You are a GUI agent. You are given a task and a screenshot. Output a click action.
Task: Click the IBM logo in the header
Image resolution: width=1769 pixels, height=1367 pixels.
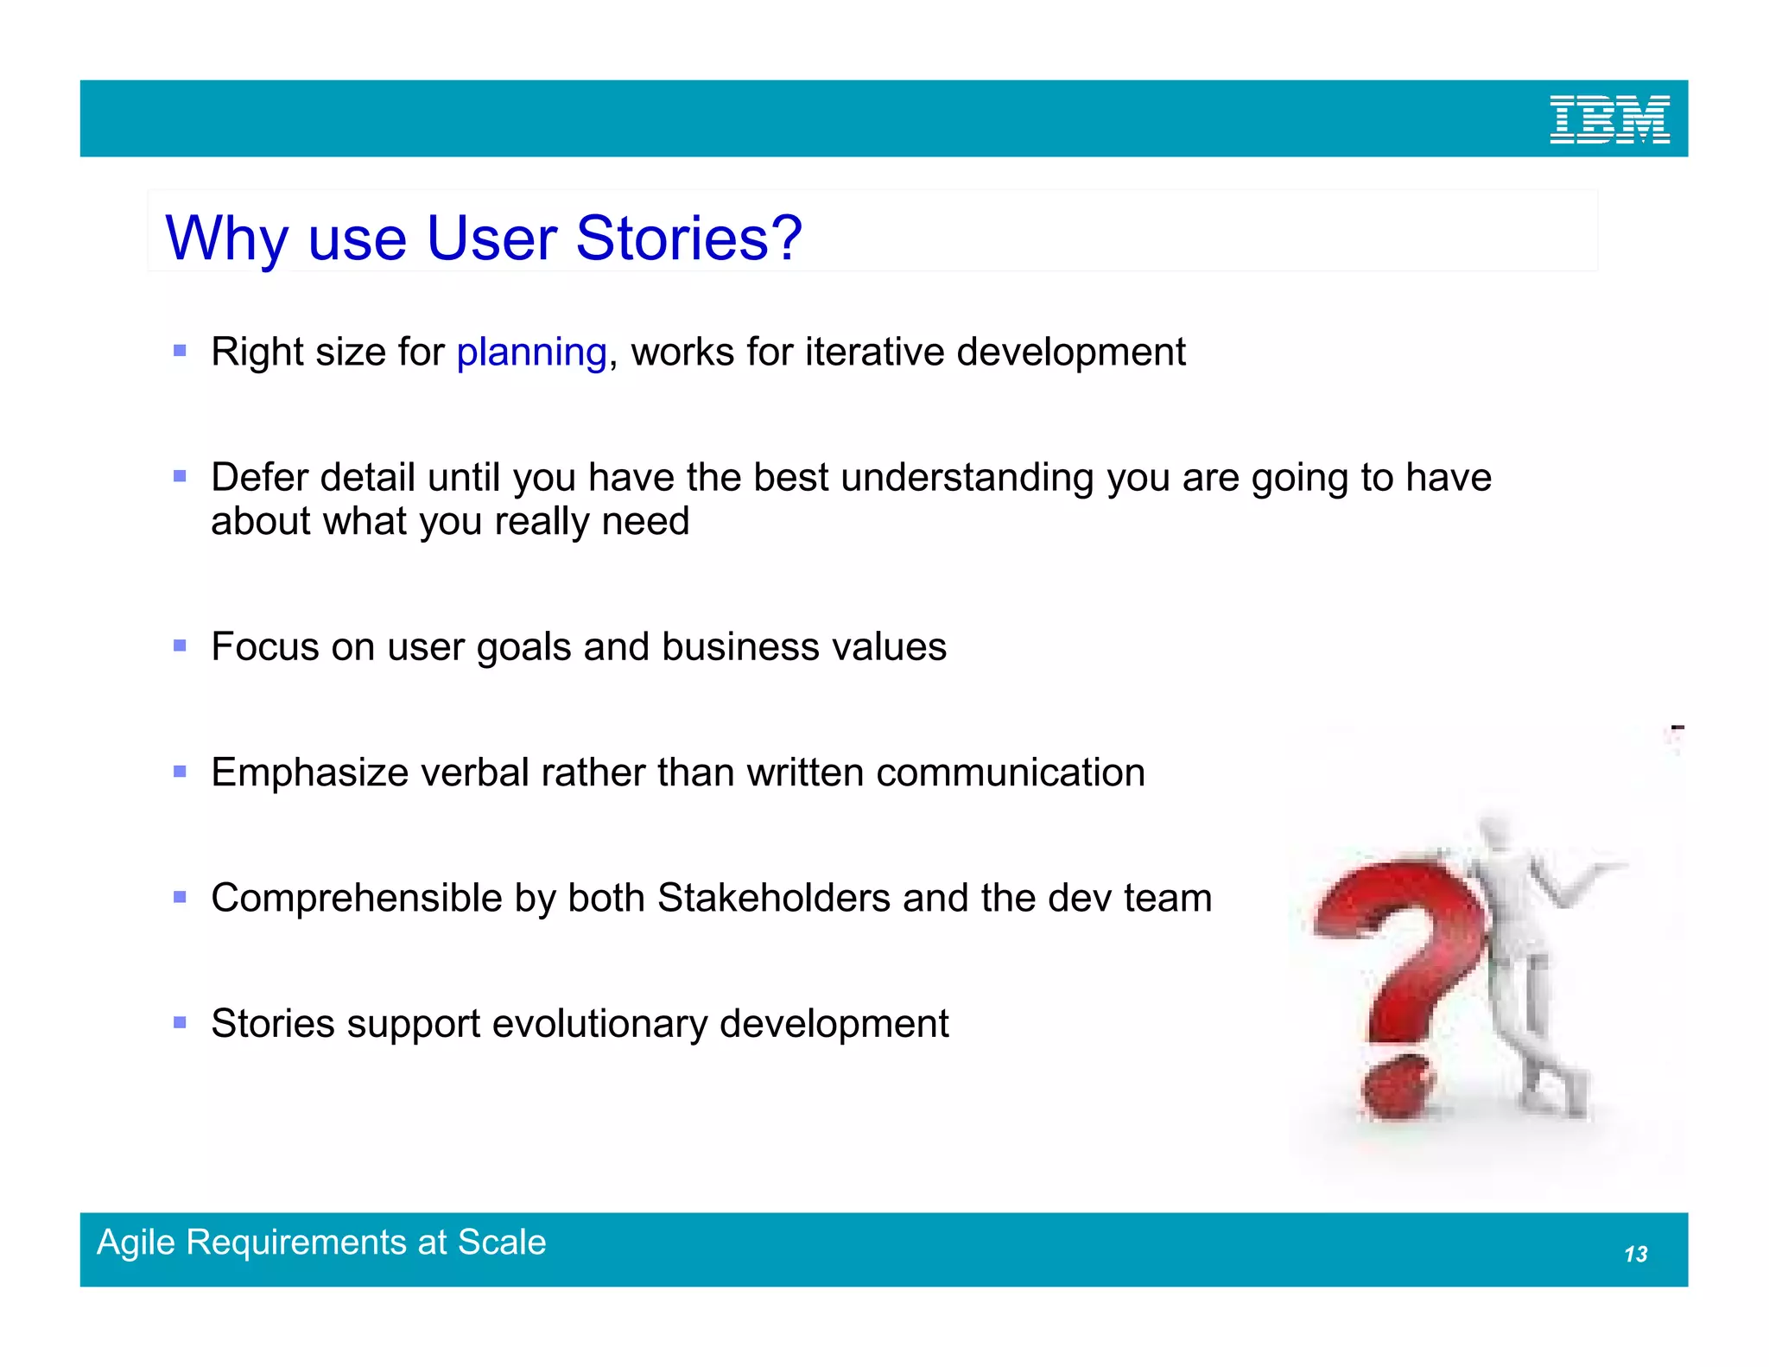(1608, 120)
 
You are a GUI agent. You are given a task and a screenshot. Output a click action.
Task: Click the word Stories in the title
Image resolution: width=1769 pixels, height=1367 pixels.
(673, 238)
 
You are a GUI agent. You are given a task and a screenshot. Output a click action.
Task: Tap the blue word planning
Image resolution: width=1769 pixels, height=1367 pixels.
(531, 353)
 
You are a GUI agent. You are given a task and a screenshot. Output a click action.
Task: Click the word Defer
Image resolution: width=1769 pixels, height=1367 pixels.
(259, 477)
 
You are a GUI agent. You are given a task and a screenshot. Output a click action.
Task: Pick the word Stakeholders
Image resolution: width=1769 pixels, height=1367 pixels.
(773, 898)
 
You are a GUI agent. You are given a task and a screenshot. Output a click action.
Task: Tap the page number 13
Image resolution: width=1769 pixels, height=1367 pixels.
(1635, 1254)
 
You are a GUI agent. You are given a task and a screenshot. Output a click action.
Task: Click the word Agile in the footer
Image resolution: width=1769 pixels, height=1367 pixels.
(136, 1243)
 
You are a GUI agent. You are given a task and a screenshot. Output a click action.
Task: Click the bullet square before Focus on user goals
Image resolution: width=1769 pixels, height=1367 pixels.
(180, 645)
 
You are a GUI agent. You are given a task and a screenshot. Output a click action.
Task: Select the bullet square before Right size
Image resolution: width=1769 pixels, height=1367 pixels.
(180, 351)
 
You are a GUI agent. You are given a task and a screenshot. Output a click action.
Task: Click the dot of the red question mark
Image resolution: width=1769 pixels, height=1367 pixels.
(1398, 1089)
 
